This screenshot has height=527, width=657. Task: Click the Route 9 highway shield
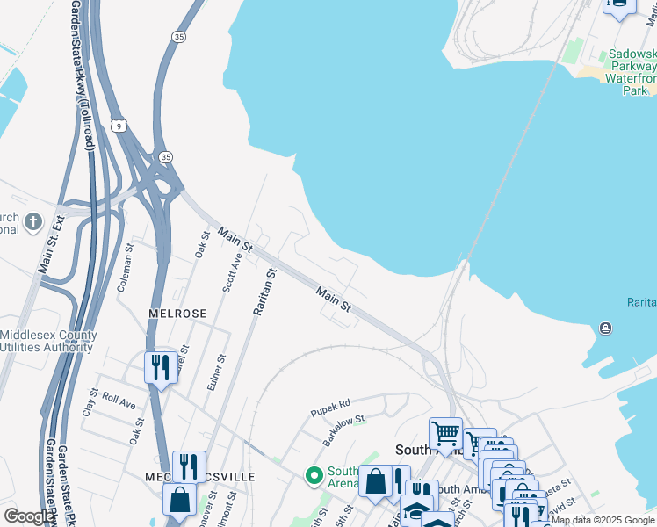pyautogui.click(x=119, y=126)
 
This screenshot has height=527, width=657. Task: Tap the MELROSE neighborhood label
pyautogui.click(x=177, y=314)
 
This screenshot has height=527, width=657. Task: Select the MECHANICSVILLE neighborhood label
pyautogui.click(x=199, y=476)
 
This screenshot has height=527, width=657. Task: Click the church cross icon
pyautogui.click(x=33, y=220)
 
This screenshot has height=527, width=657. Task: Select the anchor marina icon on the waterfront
pyautogui.click(x=605, y=328)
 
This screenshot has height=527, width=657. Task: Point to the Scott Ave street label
pyautogui.click(x=232, y=273)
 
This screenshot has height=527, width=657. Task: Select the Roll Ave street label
pyautogui.click(x=119, y=401)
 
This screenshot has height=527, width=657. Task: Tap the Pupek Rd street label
pyautogui.click(x=330, y=407)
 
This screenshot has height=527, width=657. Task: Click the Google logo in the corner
pyautogui.click(x=29, y=516)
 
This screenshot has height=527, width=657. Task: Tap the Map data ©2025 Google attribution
pyautogui.click(x=603, y=520)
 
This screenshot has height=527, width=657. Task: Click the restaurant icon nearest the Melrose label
pyautogui.click(x=159, y=367)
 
